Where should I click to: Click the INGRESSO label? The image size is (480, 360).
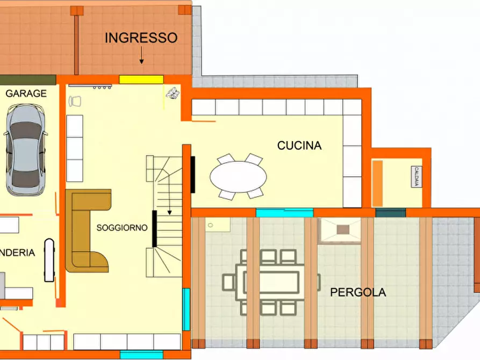141,38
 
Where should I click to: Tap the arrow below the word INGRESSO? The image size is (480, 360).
142,55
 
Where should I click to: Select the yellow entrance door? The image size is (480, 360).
141,80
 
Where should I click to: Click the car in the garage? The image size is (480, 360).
25,149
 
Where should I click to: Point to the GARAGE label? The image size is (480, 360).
26,93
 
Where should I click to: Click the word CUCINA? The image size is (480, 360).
299,146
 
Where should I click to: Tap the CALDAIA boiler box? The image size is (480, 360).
416,177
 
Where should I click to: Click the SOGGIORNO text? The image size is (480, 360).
122,228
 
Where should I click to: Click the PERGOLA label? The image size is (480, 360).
357,293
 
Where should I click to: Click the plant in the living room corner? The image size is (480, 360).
173,93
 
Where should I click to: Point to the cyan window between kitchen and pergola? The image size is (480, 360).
284,213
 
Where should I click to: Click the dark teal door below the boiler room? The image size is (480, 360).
390,213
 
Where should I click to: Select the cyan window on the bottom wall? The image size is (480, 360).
141,355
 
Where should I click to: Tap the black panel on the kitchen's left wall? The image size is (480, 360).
192,174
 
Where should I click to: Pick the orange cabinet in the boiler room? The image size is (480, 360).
377,183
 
